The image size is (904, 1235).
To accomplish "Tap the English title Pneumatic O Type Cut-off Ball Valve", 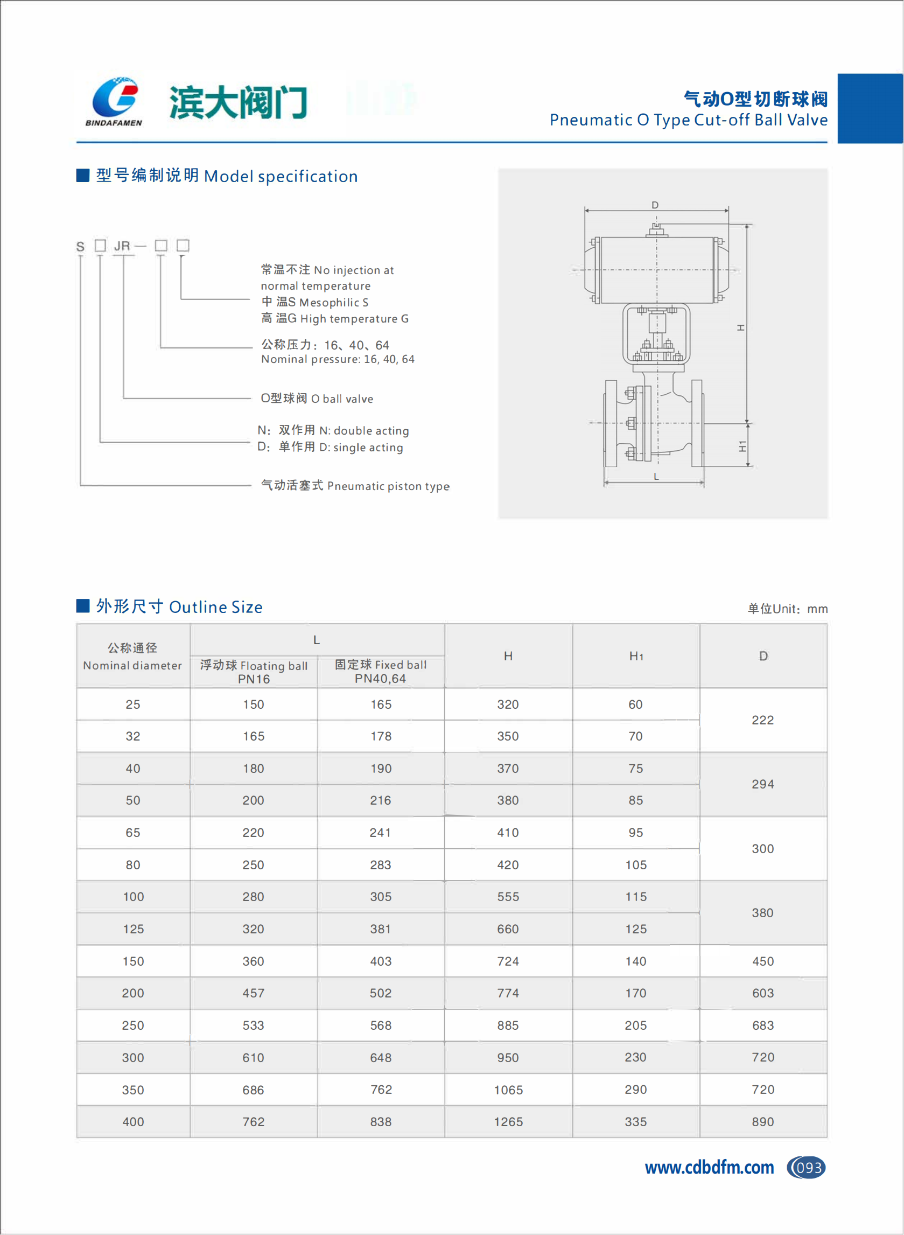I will (688, 120).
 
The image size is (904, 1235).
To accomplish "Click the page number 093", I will (808, 1168).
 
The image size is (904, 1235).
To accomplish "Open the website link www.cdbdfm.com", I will (709, 1168).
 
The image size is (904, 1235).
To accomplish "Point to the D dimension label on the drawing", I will (655, 205).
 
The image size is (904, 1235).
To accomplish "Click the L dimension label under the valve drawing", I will (656, 477).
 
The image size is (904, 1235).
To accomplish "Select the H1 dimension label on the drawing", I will (742, 446).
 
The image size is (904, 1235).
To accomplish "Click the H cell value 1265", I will (508, 1122).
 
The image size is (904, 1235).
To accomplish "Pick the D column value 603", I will (763, 993).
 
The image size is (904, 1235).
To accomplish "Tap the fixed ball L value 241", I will (380, 833).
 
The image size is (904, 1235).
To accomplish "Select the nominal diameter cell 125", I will (133, 929).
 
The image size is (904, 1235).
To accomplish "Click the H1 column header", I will (636, 656).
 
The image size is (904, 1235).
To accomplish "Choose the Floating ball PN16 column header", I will (254, 672).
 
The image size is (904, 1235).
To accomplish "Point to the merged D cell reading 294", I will (763, 784).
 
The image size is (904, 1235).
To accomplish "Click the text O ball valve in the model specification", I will (317, 399).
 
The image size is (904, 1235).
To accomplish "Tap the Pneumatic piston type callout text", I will (355, 486).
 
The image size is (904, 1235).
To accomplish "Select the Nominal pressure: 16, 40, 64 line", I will (338, 359).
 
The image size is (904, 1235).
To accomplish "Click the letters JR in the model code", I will (122, 246).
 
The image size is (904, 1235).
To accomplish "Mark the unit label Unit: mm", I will (788, 609).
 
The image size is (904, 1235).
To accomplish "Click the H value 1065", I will (508, 1090).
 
